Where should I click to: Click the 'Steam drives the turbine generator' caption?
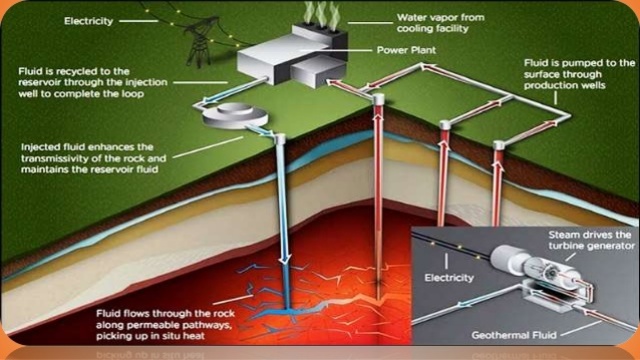click(590, 240)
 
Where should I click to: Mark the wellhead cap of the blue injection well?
click(281, 139)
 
